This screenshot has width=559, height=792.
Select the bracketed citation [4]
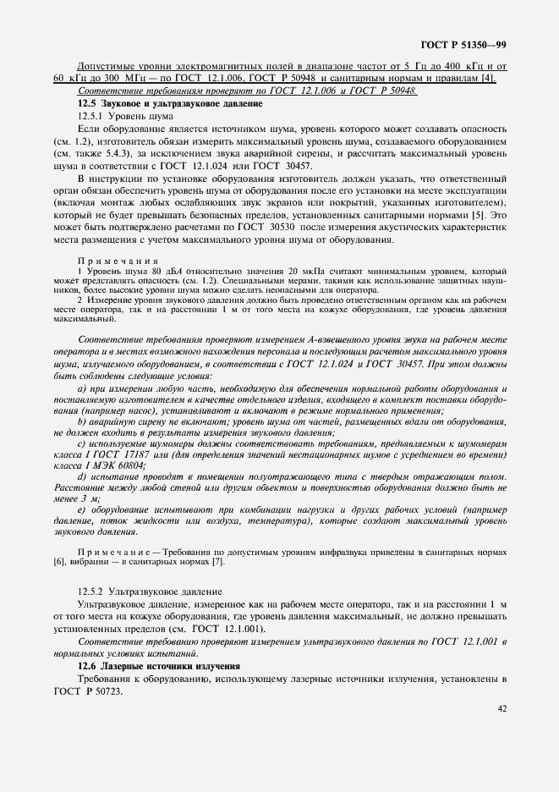488,79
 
